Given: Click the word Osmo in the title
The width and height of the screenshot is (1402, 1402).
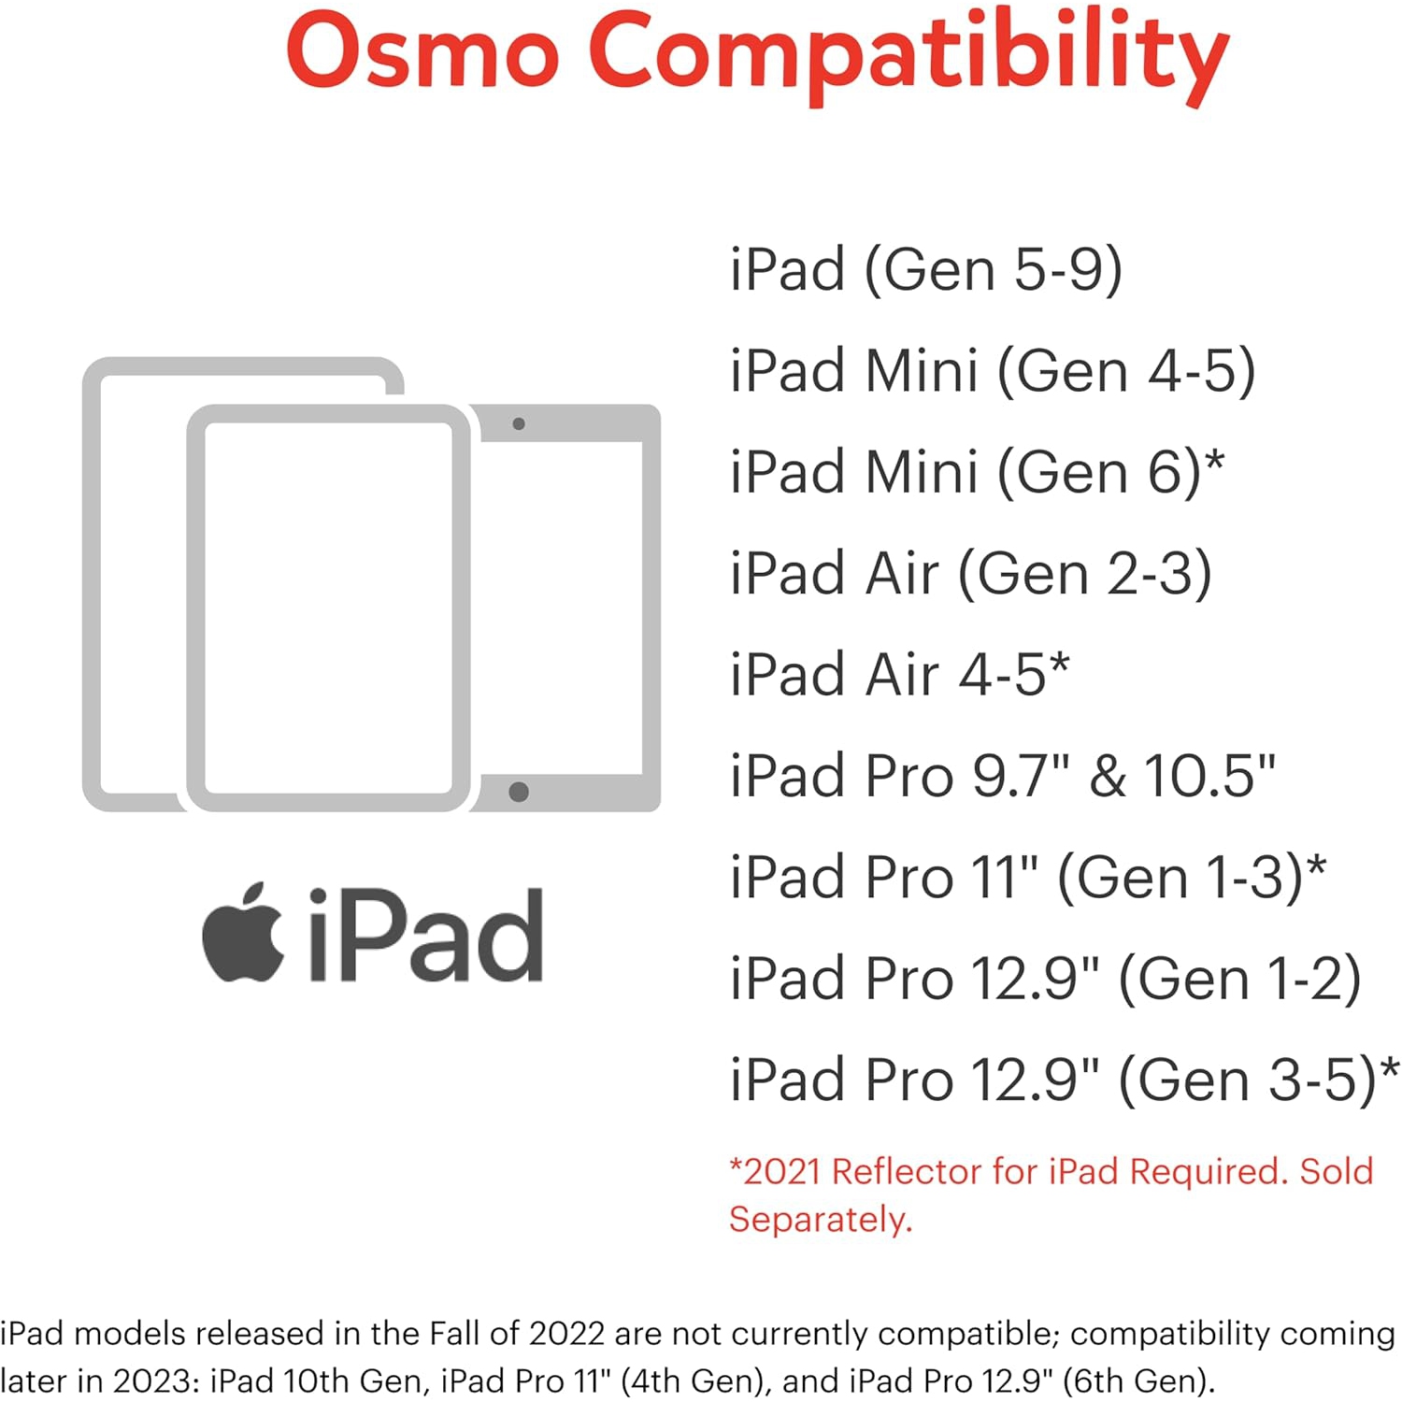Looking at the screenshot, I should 422,51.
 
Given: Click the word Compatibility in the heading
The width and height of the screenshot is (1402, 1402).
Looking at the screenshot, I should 907,56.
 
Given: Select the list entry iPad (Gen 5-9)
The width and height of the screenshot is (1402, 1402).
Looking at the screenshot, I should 925,270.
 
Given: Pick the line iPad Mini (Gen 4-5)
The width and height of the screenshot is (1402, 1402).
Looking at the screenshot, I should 992,371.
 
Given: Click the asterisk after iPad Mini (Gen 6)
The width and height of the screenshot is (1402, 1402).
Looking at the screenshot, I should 1214,460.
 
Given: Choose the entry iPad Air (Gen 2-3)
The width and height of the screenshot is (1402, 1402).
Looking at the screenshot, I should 970,573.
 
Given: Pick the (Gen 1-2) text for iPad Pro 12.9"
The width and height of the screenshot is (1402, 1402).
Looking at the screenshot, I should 1239,980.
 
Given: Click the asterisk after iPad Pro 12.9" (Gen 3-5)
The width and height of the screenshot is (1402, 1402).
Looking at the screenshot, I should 1390,1067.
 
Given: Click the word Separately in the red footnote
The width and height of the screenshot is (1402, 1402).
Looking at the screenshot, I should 819,1220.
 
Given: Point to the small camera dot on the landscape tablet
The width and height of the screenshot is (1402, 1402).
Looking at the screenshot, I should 519,423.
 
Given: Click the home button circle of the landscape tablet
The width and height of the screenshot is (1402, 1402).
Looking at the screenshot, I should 519,793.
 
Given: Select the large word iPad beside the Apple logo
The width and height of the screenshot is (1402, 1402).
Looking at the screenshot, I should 426,935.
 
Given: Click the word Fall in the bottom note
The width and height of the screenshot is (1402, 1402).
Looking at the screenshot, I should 454,1333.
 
